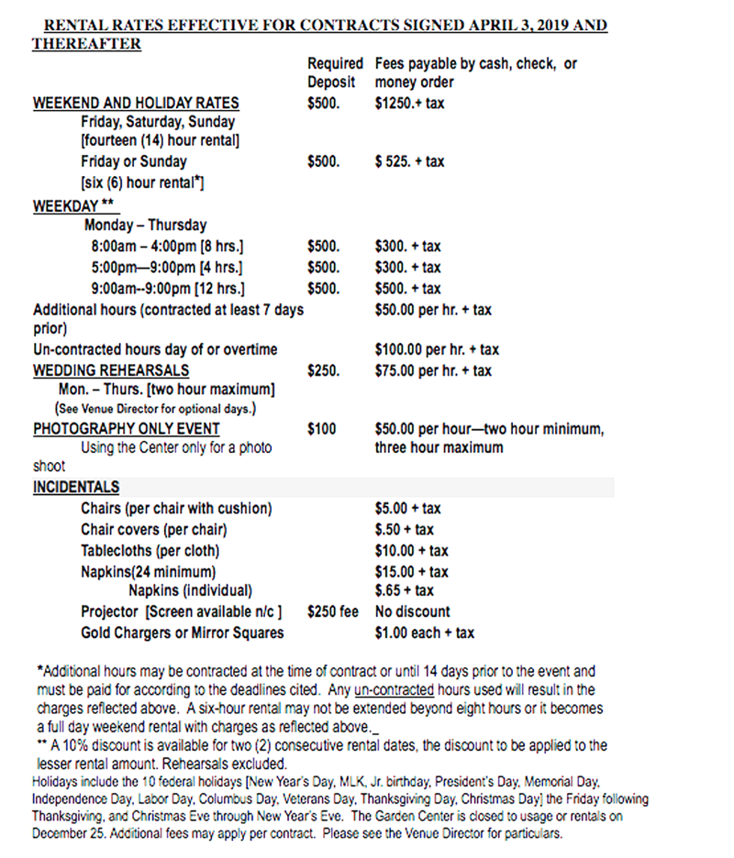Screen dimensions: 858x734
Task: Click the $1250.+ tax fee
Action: [x=409, y=103]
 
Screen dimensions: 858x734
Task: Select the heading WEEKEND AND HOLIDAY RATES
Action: [x=136, y=103]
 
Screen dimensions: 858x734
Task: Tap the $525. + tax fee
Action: [x=409, y=161]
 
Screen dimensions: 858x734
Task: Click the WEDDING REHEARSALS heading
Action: [x=111, y=370]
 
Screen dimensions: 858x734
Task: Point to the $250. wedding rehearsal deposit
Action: [x=323, y=370]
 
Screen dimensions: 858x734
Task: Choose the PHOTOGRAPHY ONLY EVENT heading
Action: [x=127, y=428]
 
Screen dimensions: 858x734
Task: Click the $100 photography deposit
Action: [x=321, y=428]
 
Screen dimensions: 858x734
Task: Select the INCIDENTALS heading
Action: [x=76, y=487]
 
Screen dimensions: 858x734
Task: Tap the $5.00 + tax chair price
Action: [x=407, y=508]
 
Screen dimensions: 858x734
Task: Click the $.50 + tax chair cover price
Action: [x=404, y=529]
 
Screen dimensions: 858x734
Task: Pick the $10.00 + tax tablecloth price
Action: [x=411, y=550]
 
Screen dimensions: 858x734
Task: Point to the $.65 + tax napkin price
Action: [x=404, y=590]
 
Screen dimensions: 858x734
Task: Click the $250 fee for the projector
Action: [x=332, y=611]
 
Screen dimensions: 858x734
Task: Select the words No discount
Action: [x=412, y=611]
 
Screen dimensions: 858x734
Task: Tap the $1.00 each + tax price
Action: [x=424, y=632]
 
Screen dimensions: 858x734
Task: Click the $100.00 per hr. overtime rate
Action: [x=437, y=349]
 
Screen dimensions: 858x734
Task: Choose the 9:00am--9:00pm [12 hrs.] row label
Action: [x=167, y=289]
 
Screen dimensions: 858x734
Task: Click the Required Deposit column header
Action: [x=335, y=73]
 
